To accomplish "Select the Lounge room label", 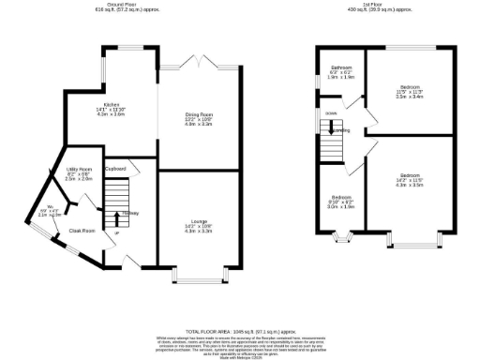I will point(198,226).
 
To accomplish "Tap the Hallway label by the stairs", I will point(131,215).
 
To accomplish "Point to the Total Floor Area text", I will point(239,333).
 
